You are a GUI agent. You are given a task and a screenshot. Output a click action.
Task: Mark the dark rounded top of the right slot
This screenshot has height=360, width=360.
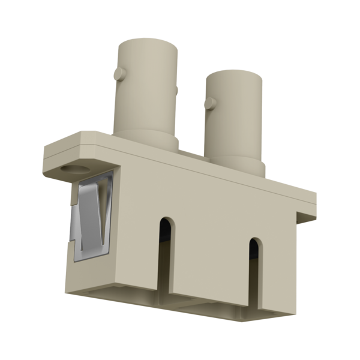pos(255,246)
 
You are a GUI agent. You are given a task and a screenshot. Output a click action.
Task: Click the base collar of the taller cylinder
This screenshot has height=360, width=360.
pos(147,141)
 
